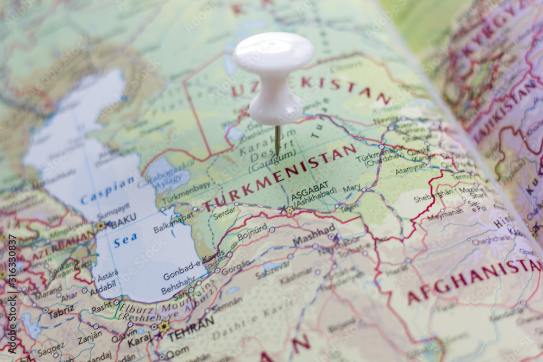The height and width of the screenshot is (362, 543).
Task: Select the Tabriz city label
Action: [61, 313]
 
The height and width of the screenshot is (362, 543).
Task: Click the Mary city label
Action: [351, 188]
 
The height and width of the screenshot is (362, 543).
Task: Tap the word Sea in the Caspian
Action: [125, 239]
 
